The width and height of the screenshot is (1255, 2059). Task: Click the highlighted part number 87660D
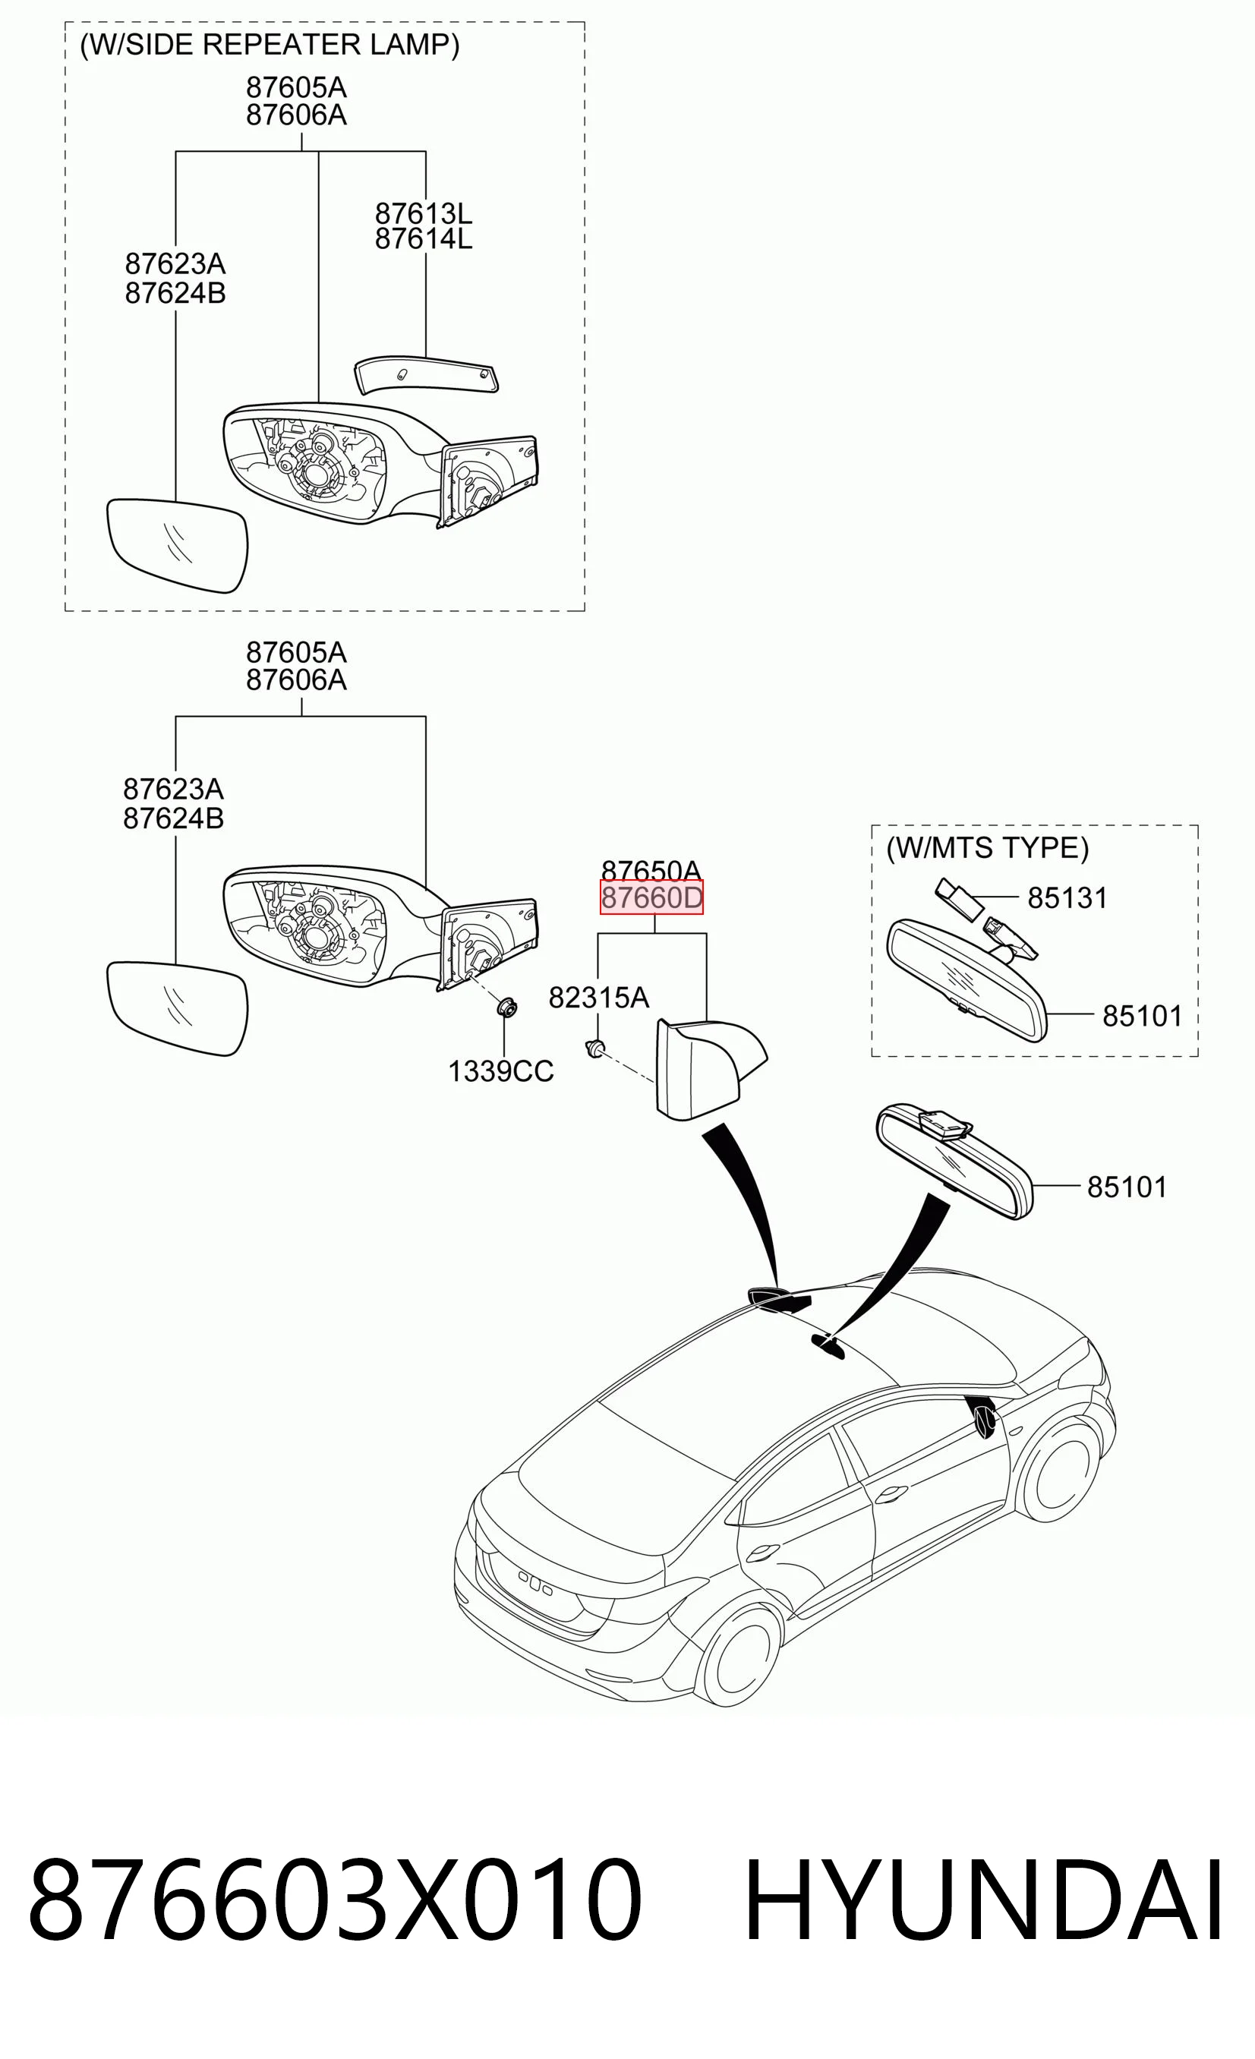pos(651,897)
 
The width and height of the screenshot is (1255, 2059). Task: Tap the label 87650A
pos(651,870)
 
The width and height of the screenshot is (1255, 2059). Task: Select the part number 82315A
pos(598,997)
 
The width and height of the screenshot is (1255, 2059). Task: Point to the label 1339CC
pos(500,1071)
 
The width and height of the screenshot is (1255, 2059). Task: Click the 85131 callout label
pos(1067,897)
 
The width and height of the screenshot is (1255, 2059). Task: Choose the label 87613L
pos(423,213)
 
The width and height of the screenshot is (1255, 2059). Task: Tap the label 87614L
pos(423,239)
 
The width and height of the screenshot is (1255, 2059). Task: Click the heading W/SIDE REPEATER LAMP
pos(269,44)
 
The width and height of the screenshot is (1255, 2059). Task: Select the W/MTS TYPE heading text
pos(988,848)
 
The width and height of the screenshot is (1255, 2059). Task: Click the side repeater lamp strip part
pos(426,376)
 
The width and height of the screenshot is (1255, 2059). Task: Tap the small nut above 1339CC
pos(506,1007)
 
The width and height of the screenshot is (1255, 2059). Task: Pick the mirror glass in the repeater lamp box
pos(178,545)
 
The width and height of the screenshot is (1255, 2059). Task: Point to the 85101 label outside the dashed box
pos(1127,1187)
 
